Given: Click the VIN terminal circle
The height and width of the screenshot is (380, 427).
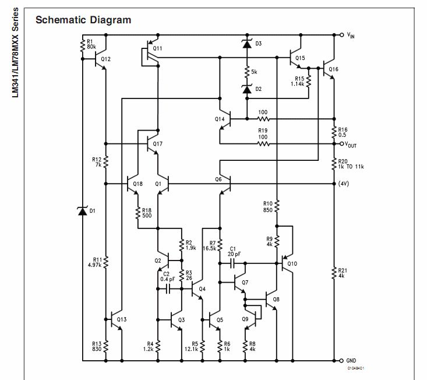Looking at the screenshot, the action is pos(342,35).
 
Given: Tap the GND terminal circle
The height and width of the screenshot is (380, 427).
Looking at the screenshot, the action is pos(341,361).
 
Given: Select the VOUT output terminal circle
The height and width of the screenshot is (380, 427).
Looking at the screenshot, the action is pos(342,144).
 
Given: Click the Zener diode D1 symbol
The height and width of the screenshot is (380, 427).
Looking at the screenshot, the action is pos(83,211).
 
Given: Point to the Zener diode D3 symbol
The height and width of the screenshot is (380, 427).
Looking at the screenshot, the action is pos(247,44).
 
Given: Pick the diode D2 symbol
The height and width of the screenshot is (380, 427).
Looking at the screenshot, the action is pos(247,89).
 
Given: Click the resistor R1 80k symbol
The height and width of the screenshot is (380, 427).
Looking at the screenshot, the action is pos(83,45).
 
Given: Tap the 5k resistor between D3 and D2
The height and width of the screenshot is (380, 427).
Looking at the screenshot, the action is pos(247,72).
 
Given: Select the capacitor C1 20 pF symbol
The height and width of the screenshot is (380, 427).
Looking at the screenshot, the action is pos(232,263).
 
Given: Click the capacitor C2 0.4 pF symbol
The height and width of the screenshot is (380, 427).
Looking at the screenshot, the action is pos(168,288).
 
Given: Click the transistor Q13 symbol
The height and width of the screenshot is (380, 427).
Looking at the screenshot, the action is pos(117,319).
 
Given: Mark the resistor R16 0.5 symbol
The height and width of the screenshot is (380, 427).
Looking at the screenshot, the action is pos(334,132).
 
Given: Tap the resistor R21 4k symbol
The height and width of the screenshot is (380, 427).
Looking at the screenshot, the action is pos(334,273).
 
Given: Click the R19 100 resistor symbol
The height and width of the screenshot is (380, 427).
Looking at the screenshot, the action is pos(263,144).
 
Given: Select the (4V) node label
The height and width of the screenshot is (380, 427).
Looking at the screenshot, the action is pos(343,184).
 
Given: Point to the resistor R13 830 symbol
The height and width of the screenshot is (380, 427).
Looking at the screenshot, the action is pos(106,346).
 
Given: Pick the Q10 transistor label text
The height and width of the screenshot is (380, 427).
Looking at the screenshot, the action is pos(292,263).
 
